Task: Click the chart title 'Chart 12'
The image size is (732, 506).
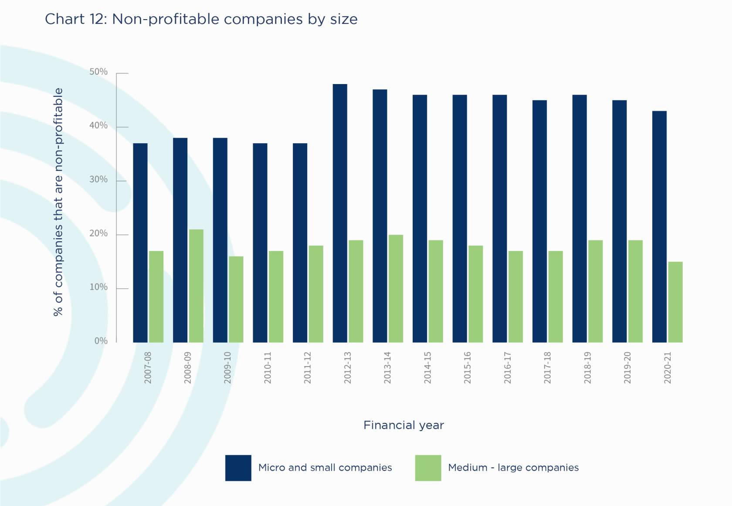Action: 201,19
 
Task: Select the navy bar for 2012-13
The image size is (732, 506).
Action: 340,213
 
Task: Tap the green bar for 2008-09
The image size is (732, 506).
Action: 196,286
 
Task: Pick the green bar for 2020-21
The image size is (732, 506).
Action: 675,302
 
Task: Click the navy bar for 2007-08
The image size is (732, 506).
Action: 140,243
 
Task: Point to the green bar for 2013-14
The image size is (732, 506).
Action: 396,288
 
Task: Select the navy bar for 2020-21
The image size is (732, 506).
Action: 659,226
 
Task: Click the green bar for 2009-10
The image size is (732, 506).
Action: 236,299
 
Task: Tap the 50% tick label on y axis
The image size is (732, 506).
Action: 98,72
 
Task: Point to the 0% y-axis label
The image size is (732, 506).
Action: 101,341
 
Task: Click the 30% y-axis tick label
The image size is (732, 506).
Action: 98,179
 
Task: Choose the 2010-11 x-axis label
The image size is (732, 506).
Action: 268,368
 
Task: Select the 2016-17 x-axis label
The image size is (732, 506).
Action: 508,368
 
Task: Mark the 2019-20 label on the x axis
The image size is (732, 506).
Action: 627,368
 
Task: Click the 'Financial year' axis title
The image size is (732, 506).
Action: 403,425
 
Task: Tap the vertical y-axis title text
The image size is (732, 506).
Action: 58,202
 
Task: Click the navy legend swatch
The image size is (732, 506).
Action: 238,468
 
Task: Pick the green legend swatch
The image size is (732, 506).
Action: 428,468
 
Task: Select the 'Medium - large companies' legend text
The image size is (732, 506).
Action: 513,468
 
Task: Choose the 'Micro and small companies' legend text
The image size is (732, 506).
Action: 325,468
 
